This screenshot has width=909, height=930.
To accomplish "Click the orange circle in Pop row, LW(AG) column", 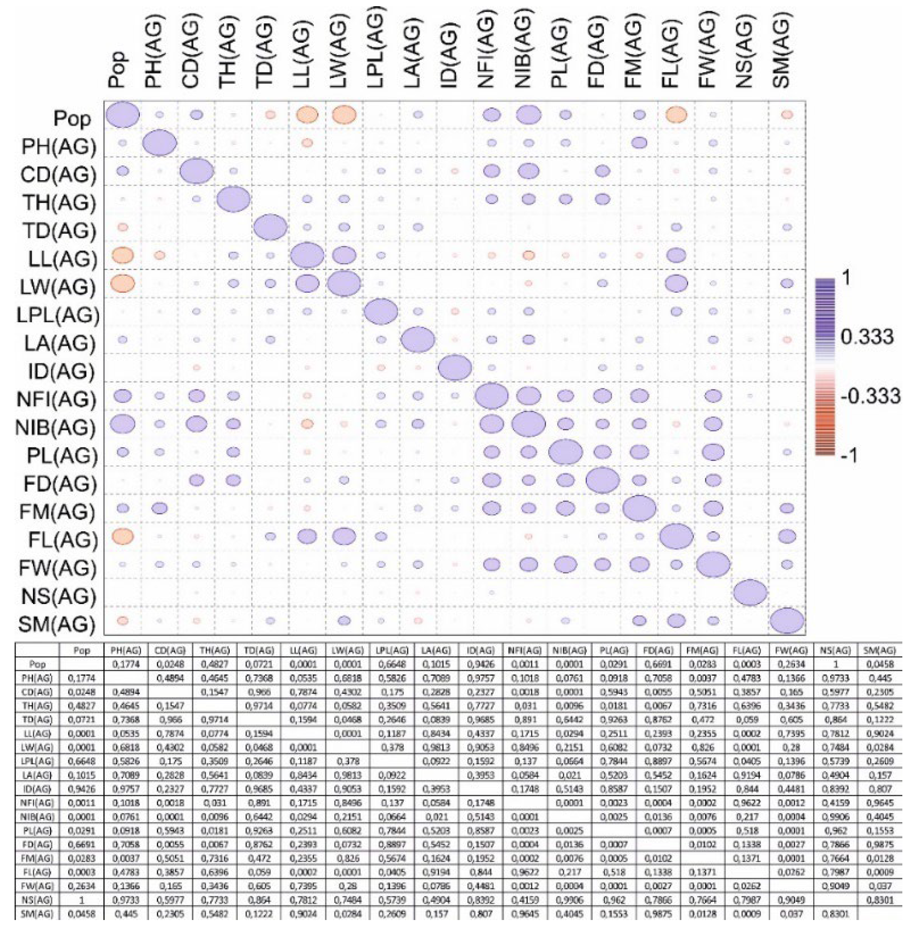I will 344,115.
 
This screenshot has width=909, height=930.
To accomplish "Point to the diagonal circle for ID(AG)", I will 455,368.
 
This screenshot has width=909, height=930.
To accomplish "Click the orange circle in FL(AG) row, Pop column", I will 123,536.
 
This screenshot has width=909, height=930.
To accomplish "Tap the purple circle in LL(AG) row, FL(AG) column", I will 676,256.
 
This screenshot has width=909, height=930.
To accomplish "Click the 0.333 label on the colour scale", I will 867,337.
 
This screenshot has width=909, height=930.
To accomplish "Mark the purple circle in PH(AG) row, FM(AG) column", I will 639,143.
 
